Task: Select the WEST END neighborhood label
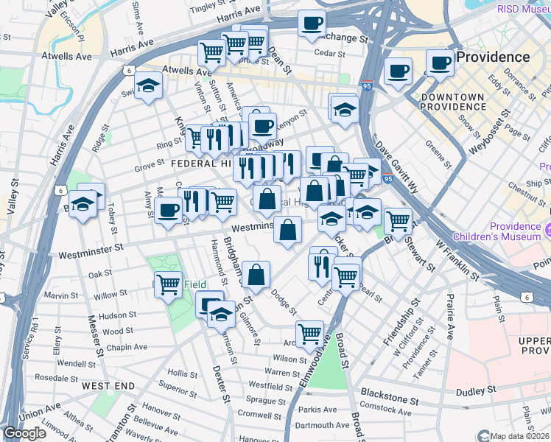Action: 108,386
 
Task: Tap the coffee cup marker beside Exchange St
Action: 312,23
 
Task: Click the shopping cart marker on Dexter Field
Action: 169,283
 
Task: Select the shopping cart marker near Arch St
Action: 309,334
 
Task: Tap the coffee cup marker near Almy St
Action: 169,211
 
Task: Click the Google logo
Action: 24,433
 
